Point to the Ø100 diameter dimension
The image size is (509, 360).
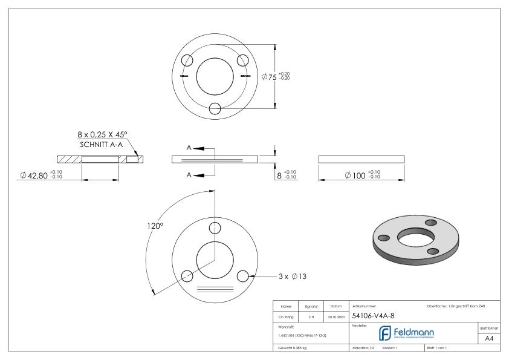(361, 175)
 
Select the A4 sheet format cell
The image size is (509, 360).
(491, 339)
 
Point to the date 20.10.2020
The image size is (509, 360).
(336, 316)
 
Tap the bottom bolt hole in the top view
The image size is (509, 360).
(215, 108)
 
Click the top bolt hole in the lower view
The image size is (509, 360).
(215, 228)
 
